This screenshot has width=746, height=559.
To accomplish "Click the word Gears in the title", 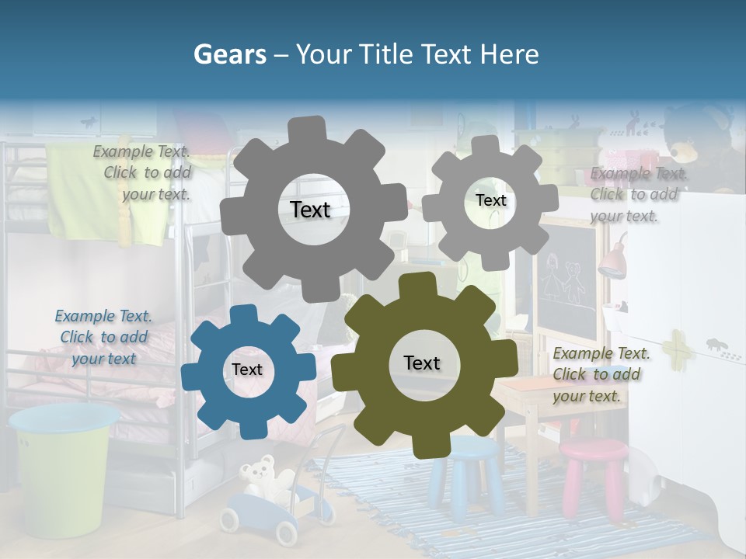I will tap(228, 54).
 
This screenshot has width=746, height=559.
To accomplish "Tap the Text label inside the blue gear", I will tap(247, 370).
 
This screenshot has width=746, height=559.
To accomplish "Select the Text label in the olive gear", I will tap(422, 363).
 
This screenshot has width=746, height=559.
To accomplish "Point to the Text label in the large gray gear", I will tap(310, 210).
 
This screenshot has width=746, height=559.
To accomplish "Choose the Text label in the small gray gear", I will tap(490, 200).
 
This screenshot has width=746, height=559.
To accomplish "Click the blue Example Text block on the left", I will tap(103, 337).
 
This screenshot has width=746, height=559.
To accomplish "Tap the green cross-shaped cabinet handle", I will tap(675, 346).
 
